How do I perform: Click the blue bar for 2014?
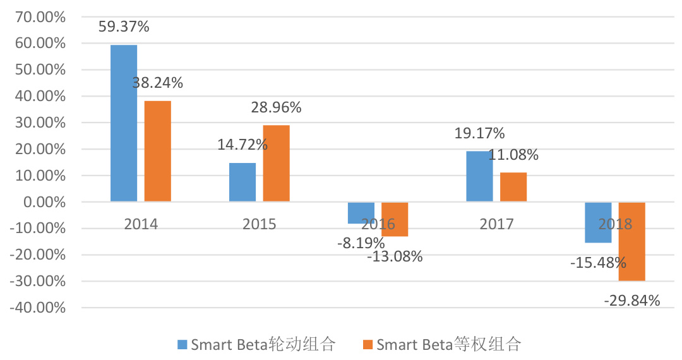(124, 123)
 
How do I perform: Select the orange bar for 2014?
(157, 152)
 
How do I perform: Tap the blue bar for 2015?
(242, 183)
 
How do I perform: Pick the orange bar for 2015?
(276, 164)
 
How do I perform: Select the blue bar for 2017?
(479, 177)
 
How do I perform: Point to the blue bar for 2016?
(361, 213)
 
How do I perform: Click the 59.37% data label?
(124, 27)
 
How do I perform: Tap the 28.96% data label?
(276, 107)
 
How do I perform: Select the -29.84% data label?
(631, 301)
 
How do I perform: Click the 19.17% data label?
(479, 134)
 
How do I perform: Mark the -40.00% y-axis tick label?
(39, 308)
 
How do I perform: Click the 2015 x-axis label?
(260, 224)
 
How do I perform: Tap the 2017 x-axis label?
(496, 224)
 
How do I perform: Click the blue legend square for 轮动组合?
(182, 345)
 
